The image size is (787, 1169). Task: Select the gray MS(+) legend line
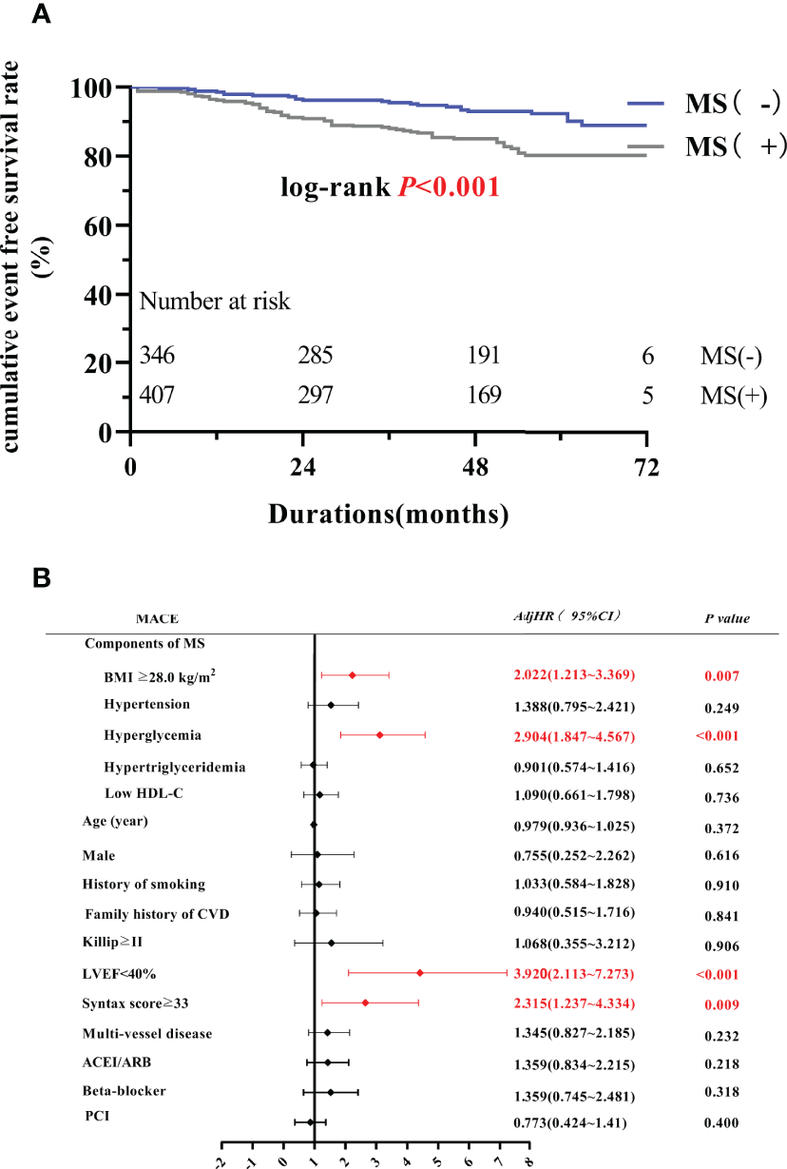pos(659,146)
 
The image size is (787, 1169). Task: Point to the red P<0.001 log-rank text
pos(450,187)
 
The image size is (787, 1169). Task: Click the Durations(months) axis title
pos(388,515)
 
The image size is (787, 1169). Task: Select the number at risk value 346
pos(157,357)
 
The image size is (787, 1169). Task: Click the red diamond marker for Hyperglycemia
pos(379,735)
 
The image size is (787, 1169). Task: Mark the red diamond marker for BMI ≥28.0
pos(352,675)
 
